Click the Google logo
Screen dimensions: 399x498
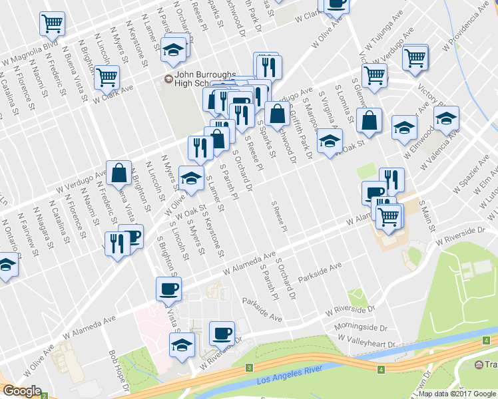click(x=22, y=391)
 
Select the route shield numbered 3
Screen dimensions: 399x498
click(x=249, y=368)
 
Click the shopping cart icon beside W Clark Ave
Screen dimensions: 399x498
click(x=107, y=77)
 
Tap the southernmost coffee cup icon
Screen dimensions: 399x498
click(x=222, y=332)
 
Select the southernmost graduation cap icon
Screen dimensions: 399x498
click(x=182, y=344)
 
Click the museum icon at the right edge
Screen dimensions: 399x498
click(x=479, y=364)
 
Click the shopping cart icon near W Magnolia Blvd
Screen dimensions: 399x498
click(x=52, y=24)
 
